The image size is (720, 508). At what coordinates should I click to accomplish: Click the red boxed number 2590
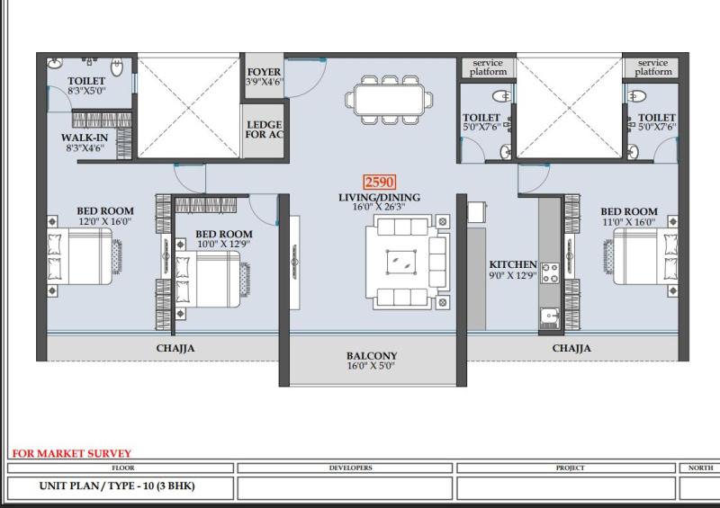coord(379,183)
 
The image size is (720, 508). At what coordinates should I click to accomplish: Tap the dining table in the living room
coord(389,100)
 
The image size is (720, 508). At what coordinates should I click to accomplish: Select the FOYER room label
coord(264,72)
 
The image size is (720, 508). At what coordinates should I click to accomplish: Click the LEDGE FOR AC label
coord(265,129)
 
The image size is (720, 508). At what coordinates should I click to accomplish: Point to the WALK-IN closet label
coord(85,138)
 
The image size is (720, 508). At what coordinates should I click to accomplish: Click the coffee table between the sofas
coord(401,263)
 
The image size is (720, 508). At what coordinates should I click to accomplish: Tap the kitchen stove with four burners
coord(550,272)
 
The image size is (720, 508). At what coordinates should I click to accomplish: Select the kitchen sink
coord(550,317)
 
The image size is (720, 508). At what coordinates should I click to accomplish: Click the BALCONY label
coord(372,356)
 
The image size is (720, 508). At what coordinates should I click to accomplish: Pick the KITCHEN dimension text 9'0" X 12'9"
coord(513,275)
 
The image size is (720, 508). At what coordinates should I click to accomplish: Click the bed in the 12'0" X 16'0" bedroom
coord(80,256)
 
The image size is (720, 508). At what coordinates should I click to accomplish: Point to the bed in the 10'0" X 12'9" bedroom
coord(208,279)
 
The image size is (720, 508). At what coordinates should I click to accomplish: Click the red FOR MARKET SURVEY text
coord(72,453)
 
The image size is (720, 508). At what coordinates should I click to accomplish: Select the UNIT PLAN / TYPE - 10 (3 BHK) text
coord(117,486)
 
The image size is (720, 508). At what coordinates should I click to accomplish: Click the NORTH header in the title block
coord(701,468)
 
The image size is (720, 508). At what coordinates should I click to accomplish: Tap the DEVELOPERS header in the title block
coord(351,468)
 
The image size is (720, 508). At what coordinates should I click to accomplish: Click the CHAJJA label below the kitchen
coord(571,348)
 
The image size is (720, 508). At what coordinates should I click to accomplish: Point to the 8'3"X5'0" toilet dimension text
coord(86,91)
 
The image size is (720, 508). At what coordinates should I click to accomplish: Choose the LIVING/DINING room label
coord(379,197)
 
